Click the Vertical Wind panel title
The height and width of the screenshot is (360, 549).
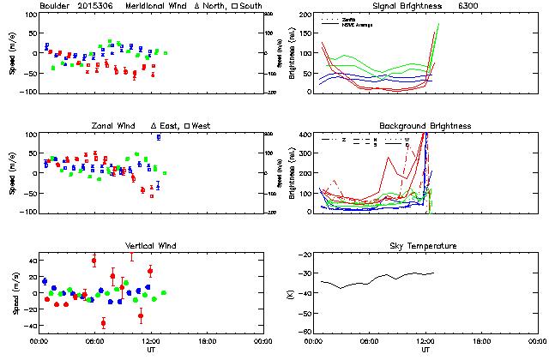tap(148, 246)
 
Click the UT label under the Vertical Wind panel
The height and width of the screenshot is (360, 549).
tap(151, 350)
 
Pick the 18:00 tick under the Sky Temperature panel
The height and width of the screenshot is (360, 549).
tap(481, 340)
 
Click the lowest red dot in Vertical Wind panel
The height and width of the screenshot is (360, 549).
tap(103, 323)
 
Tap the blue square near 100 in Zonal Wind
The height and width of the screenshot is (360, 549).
tap(158, 137)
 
